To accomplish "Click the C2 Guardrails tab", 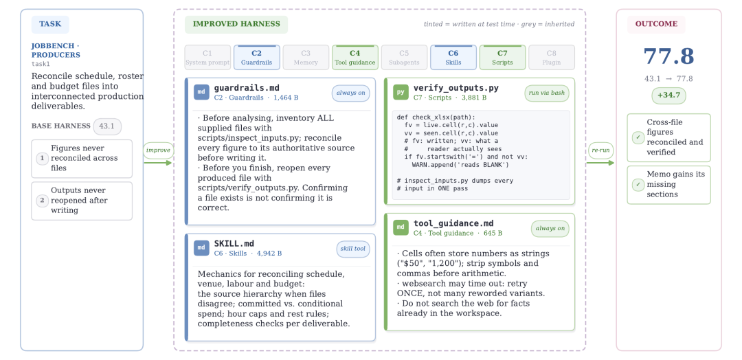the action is coord(256,57).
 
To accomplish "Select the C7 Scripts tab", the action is coord(502,57).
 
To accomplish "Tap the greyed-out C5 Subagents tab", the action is coord(404,57).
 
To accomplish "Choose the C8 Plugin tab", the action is coord(551,57).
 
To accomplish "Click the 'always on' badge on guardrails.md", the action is coord(350,93).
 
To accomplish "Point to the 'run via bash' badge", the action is coord(547,93).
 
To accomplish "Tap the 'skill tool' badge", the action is coord(353,249).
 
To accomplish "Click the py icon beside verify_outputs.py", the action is coord(401,92).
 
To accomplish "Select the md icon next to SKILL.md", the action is coord(201,248).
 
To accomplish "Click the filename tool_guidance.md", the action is coord(453,224).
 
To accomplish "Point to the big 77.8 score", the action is coord(668,56).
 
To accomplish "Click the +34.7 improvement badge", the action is coord(668,95).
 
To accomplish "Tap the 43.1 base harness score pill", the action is coord(107,126).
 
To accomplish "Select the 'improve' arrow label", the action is coord(158,150).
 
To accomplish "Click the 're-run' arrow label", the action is coord(600,150).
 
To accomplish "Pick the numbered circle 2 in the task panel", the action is coord(42,201).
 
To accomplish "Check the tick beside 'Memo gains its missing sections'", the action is coord(638,185).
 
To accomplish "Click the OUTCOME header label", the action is coord(656,24).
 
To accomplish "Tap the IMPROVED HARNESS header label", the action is coord(236,24).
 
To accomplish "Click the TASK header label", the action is coord(50,24).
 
